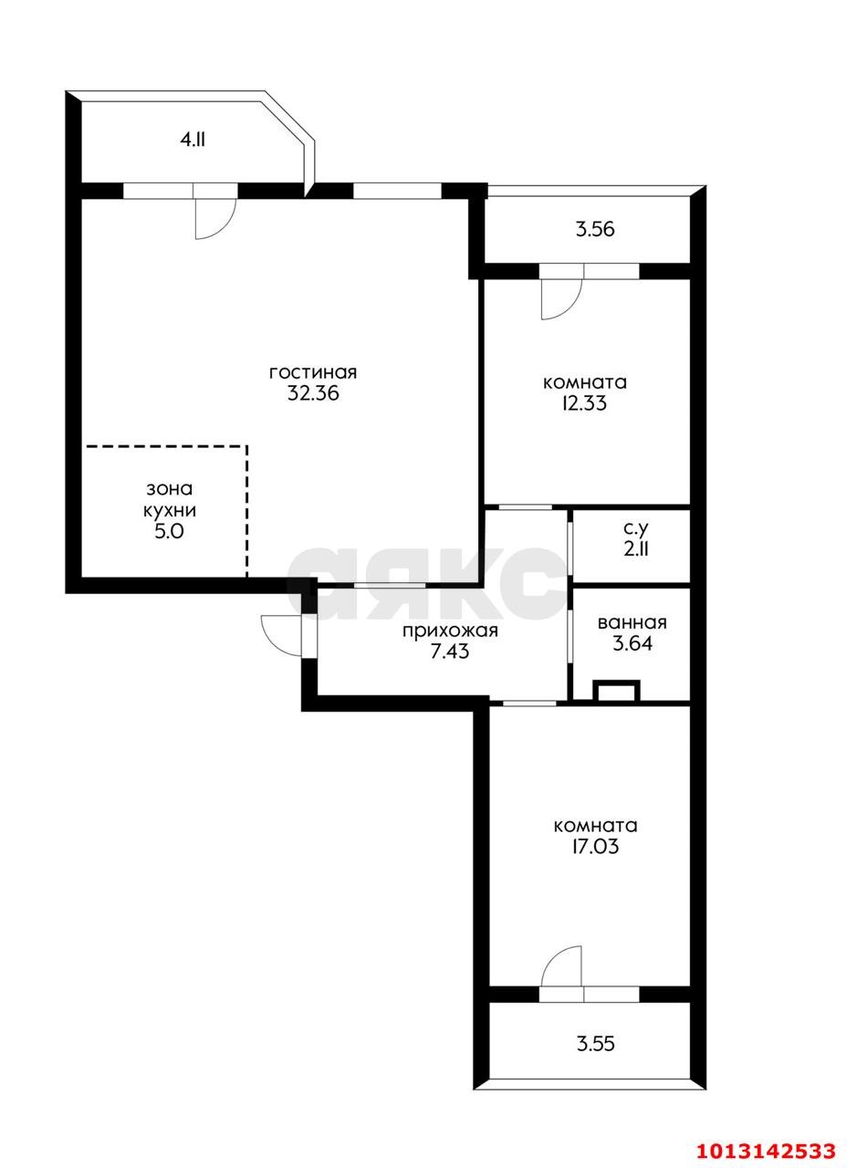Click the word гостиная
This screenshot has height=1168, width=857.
coord(312,373)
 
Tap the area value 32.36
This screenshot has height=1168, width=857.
coord(313,393)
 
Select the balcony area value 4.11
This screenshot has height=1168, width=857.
coord(193,141)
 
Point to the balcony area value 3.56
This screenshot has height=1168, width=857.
coord(595,229)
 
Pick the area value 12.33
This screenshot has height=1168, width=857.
coord(584,403)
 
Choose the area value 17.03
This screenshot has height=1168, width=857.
coord(595,846)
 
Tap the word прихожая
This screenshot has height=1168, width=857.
coord(450,631)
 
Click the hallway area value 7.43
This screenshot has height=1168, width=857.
coord(450,652)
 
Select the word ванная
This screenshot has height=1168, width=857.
coord(632,623)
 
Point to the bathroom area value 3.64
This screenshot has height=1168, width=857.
coord(632,644)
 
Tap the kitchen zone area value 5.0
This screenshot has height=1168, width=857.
coord(169,532)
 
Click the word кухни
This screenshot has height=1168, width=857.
coord(170,510)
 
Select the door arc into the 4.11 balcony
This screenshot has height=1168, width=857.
coord(225,225)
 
